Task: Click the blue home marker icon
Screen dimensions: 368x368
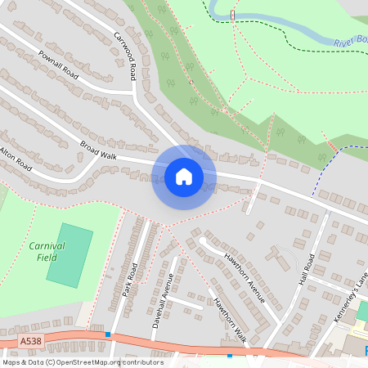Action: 184,177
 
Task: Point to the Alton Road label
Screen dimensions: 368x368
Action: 16,158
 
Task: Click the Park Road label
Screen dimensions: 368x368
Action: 128,280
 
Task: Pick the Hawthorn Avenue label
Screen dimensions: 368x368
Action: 245,277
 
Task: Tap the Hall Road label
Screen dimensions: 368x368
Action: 307,268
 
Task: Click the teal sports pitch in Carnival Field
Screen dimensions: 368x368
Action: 70,256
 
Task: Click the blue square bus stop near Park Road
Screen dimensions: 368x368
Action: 108,334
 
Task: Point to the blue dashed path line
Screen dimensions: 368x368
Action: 327,167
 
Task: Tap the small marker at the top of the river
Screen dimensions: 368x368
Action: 233,15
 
